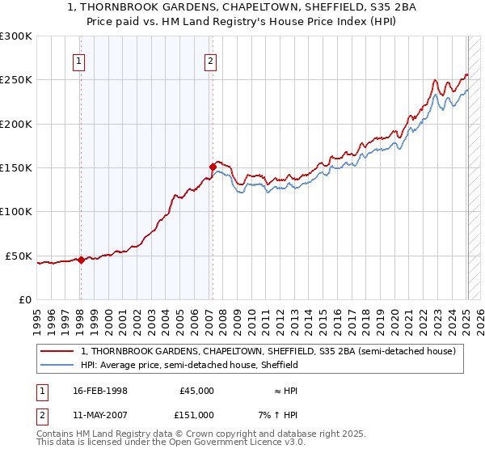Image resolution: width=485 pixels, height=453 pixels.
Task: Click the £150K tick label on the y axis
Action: coord(16,167)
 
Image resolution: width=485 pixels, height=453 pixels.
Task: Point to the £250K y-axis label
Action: coord(16,80)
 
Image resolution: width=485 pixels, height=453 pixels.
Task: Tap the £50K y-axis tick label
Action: coord(19,256)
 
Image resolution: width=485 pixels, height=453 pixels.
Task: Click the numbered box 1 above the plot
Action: coord(79,60)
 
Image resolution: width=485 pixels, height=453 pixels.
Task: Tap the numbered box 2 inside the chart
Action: coord(210,60)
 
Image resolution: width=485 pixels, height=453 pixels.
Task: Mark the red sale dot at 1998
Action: coord(81,260)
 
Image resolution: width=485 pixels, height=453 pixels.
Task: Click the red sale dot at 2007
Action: coord(213,167)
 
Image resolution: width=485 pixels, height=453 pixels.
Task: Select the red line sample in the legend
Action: coord(59,352)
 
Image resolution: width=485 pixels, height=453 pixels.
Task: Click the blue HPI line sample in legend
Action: coord(59,366)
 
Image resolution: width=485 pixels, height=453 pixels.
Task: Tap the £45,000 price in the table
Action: coord(196,391)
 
